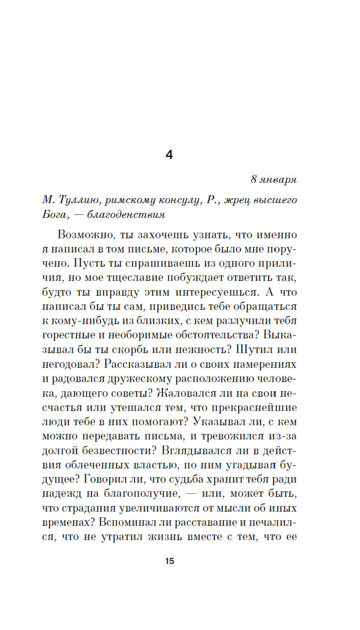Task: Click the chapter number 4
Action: (169, 155)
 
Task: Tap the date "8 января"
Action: (274, 180)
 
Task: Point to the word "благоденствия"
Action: (126, 214)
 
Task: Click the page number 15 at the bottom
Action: (170, 561)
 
